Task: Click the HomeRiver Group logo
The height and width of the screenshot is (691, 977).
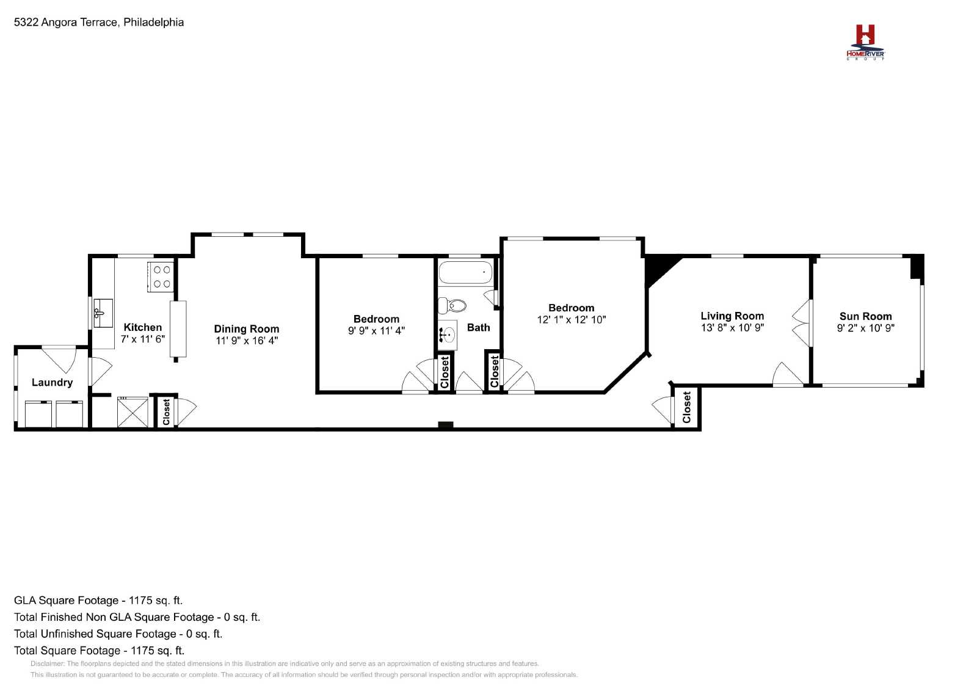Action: (865, 42)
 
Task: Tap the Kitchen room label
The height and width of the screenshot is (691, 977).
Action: (143, 327)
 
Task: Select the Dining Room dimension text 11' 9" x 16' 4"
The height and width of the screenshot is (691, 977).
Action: (247, 341)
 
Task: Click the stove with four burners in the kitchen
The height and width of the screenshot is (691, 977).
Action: (161, 277)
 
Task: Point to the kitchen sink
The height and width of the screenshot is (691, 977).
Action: (103, 313)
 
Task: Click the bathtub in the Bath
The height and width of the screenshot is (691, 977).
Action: (465, 272)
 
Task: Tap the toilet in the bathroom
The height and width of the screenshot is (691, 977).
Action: (452, 305)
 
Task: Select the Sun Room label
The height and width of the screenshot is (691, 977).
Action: (865, 317)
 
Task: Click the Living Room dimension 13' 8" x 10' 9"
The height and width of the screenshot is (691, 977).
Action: (732, 327)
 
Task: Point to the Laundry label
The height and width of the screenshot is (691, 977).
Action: (52, 382)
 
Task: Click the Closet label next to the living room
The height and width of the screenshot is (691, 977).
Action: (686, 407)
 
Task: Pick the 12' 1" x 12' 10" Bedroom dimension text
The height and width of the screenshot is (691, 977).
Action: (572, 320)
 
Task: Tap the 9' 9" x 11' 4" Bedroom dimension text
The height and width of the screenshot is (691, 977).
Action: (376, 331)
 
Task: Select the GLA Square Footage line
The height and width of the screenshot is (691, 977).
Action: (98, 600)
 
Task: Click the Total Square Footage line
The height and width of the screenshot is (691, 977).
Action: (99, 651)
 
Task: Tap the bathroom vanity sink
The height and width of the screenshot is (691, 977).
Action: (448, 335)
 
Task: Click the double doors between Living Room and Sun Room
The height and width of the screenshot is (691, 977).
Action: (801, 323)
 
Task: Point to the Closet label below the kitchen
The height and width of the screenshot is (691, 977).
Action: (166, 412)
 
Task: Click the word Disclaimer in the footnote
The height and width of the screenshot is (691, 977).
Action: (48, 664)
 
